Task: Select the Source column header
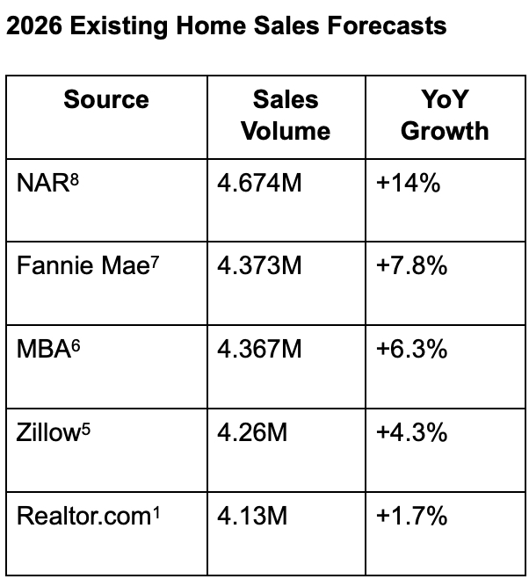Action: point(106,99)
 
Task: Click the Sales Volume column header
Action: point(286,115)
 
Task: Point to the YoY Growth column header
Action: point(445,115)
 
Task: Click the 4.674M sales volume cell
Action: point(260,185)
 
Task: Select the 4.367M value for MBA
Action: point(260,351)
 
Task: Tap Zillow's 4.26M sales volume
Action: point(252,433)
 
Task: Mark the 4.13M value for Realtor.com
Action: point(252,516)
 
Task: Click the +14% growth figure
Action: point(408,185)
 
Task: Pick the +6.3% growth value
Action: point(412,351)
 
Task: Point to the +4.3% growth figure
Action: point(412,433)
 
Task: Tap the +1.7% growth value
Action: point(412,516)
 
